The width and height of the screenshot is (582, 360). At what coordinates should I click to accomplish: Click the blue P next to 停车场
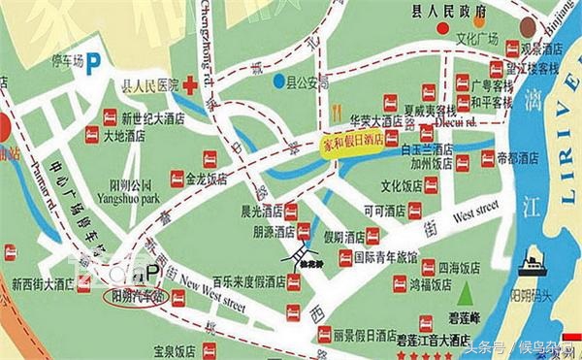coord(94,63)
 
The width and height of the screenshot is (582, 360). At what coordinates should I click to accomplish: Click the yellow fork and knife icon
coord(335,110)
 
